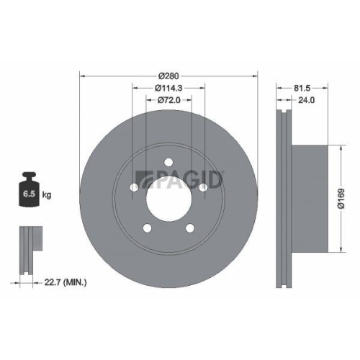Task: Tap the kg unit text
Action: click(x=48, y=195)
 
